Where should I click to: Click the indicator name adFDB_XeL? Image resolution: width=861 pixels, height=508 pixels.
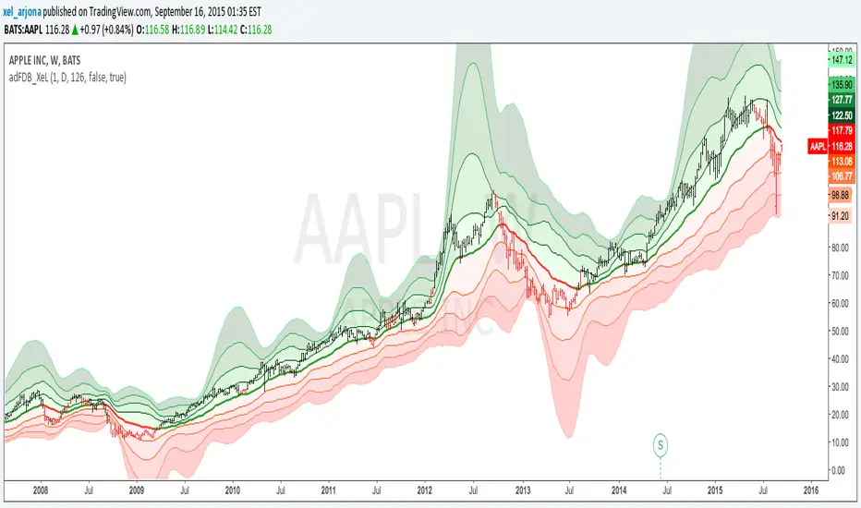click(x=37, y=78)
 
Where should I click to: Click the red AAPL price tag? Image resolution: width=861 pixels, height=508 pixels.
click(x=818, y=147)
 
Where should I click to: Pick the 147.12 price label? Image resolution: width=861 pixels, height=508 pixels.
click(x=841, y=58)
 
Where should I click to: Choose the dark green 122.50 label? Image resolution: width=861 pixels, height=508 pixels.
click(x=841, y=115)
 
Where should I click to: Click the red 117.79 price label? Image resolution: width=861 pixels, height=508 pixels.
click(x=841, y=130)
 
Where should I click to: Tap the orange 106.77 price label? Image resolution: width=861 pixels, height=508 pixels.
click(x=841, y=175)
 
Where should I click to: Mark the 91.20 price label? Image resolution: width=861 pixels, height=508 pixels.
click(x=841, y=216)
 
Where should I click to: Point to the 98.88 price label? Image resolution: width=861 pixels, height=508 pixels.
click(x=841, y=196)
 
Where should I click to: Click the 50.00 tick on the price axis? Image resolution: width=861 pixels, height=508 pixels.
click(x=840, y=331)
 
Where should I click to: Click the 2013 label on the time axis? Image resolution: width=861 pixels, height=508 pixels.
click(x=522, y=492)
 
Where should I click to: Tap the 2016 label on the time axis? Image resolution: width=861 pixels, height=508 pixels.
click(x=811, y=492)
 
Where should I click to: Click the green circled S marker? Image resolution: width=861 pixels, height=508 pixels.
click(x=661, y=445)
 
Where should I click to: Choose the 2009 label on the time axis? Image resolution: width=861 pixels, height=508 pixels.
click(x=136, y=492)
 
